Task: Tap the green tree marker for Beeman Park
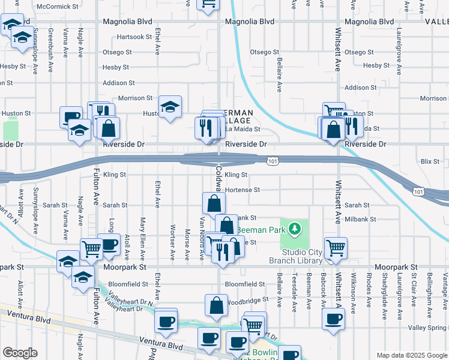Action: pyautogui.click(x=294, y=229)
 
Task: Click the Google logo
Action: pyautogui.click(x=20, y=353)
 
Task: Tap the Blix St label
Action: pyautogui.click(x=430, y=161)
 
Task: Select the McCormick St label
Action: pyautogui.click(x=58, y=7)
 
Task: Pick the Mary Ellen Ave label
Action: pyautogui.click(x=143, y=238)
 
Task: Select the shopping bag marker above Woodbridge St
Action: pyautogui.click(x=216, y=305)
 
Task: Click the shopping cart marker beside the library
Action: pyautogui.click(x=335, y=247)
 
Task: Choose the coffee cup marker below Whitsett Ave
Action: pyautogui.click(x=333, y=319)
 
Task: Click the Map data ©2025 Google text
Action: pyautogui.click(x=412, y=355)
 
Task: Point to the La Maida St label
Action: pyautogui.click(x=243, y=129)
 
